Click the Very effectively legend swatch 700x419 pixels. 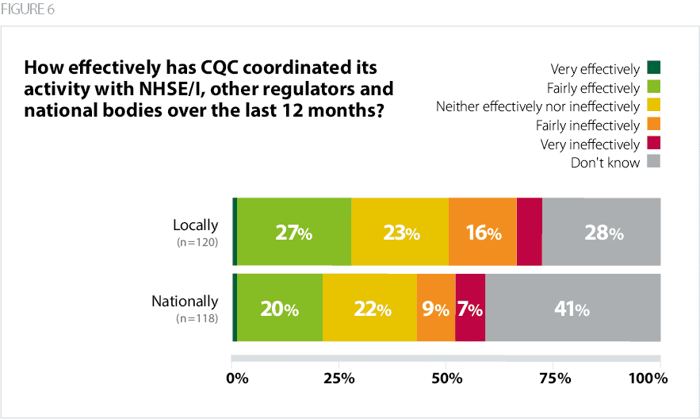point(654,68)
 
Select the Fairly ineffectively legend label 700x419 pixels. point(588,125)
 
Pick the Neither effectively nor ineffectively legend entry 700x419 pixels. point(537,106)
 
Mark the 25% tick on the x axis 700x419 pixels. point(339,379)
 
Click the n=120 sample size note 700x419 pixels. point(197,242)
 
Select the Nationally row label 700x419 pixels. point(185,302)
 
